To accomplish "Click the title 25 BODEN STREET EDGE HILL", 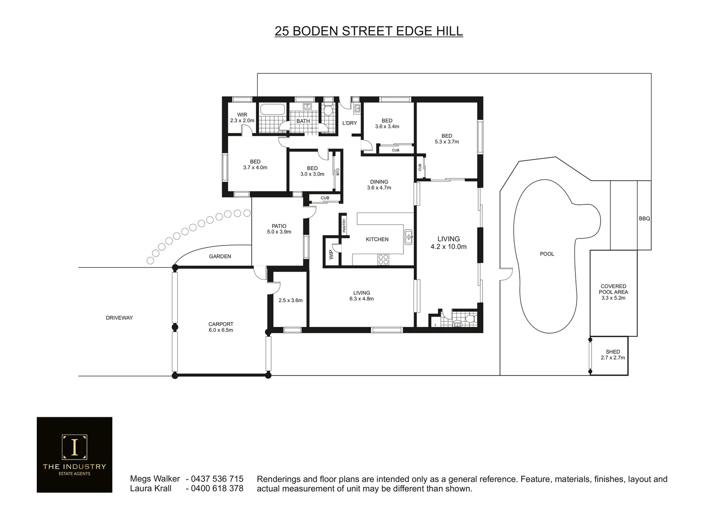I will (x=369, y=31).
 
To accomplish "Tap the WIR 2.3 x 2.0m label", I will (x=242, y=118).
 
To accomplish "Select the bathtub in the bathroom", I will (x=272, y=110).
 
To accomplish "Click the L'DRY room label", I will (x=349, y=123).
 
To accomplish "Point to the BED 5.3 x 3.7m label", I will (x=447, y=139).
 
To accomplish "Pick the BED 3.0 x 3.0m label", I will (x=312, y=171).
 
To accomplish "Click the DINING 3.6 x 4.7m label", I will (x=379, y=185).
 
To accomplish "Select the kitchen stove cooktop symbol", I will (x=383, y=259).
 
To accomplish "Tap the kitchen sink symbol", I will (x=408, y=237).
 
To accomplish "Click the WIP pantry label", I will (x=331, y=255).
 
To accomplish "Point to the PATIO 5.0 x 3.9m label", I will (x=279, y=229).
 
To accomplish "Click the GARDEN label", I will (x=220, y=256).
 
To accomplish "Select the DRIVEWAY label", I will (x=119, y=318).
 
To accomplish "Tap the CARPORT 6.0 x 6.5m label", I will (x=221, y=327).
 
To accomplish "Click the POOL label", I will (x=547, y=254).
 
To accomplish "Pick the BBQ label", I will (x=644, y=219).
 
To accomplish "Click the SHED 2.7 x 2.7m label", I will (x=612, y=355).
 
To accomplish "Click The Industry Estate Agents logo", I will (x=75, y=455).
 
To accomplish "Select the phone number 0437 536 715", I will (x=217, y=479).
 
